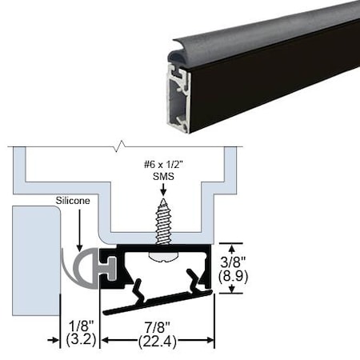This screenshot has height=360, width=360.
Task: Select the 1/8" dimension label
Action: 77,326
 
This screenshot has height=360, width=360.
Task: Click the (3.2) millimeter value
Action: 77,341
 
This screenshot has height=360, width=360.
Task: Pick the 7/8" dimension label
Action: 156,326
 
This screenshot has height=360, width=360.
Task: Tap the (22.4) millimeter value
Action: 156,341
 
